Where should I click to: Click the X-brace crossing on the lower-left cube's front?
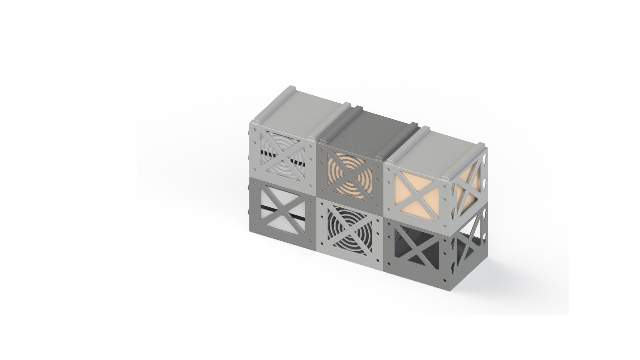[x=281, y=210]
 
